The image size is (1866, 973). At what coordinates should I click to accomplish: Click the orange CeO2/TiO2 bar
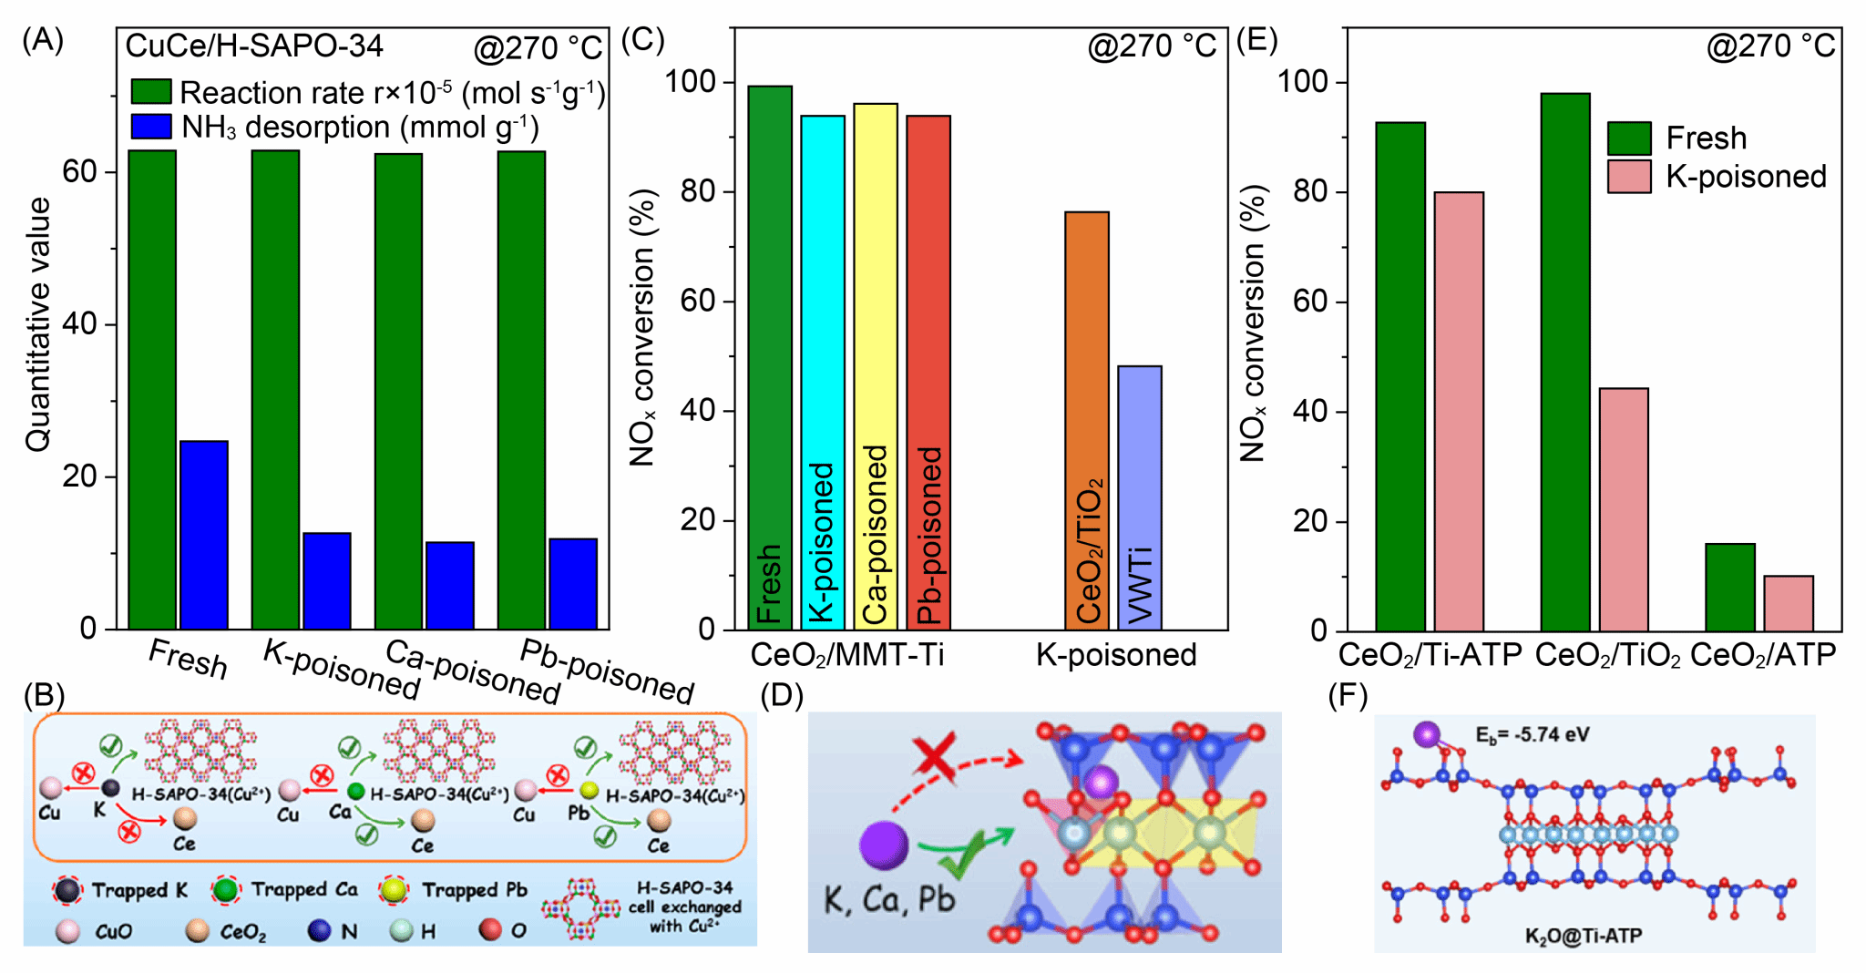(1087, 420)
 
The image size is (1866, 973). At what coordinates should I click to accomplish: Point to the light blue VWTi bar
(1139, 497)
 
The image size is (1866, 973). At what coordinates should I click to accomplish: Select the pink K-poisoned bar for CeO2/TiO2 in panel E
(1624, 509)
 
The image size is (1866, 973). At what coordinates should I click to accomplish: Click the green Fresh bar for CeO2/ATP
(1729, 588)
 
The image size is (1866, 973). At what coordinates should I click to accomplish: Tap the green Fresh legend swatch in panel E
(1629, 138)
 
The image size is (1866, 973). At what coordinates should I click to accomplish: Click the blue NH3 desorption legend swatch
(151, 127)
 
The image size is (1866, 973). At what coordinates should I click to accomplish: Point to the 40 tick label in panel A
(80, 324)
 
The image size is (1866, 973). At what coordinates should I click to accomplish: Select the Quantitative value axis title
(38, 324)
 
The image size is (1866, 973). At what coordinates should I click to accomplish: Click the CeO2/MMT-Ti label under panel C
(846, 654)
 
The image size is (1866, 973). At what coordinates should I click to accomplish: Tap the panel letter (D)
(782, 696)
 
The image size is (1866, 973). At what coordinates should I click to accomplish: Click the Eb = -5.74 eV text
(1532, 735)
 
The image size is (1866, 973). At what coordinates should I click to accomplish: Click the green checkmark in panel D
(975, 852)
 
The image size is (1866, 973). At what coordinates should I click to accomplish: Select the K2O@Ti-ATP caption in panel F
(1584, 936)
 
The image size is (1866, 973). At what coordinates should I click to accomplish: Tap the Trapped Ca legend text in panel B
(304, 889)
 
